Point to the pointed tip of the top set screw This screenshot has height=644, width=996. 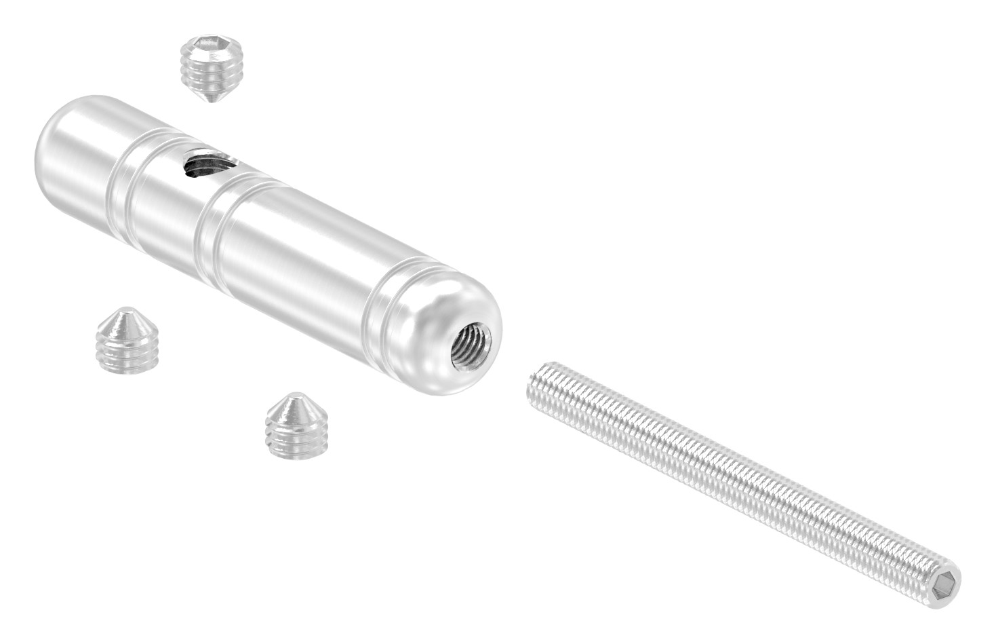pyautogui.click(x=214, y=100)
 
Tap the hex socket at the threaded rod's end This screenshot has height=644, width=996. pyautogui.click(x=945, y=584)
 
